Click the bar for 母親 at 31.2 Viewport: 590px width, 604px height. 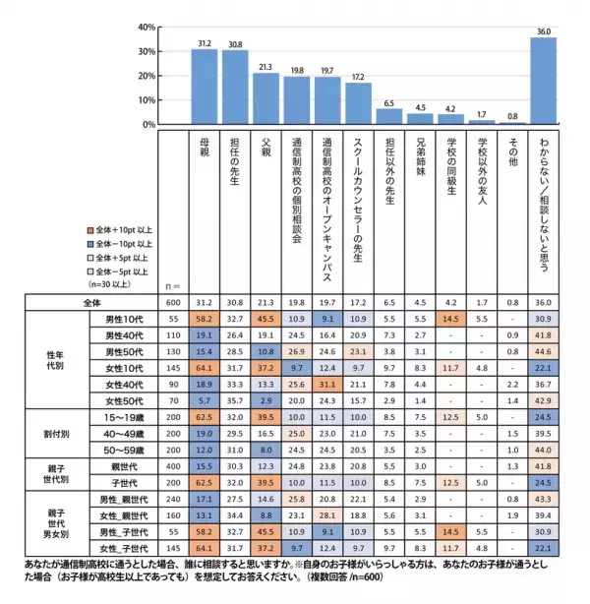[x=204, y=87]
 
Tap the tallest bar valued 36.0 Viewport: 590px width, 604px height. [x=543, y=81]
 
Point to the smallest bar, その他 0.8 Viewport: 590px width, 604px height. [x=511, y=123]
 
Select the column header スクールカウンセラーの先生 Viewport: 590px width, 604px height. [x=358, y=197]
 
